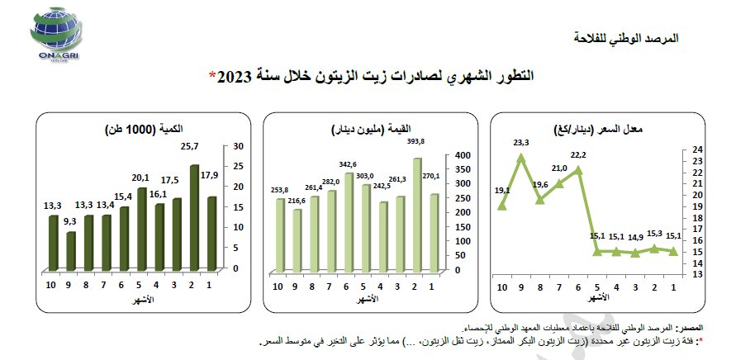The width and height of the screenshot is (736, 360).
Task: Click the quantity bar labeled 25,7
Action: pyautogui.click(x=194, y=219)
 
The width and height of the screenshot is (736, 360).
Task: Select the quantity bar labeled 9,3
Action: pyautogui.click(x=71, y=251)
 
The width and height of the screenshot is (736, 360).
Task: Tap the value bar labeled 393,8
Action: pyautogui.click(x=418, y=215)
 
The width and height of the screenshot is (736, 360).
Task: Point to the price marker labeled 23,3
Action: pyautogui.click(x=521, y=156)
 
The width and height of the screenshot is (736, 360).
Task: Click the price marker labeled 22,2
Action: pyautogui.click(x=578, y=169)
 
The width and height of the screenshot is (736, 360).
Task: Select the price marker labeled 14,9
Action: pyautogui.click(x=635, y=253)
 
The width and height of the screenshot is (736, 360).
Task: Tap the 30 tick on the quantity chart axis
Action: pyautogui.click(x=239, y=146)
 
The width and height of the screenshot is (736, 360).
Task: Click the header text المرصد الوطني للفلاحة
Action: pyautogui.click(x=625, y=39)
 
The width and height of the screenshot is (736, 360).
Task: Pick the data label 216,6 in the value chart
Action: pyautogui.click(x=297, y=201)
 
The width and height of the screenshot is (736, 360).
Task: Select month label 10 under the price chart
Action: pyautogui.click(x=501, y=287)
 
